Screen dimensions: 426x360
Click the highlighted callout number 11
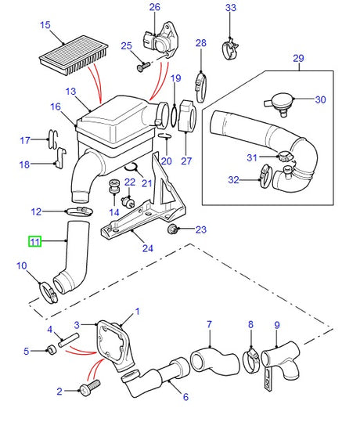[34, 242]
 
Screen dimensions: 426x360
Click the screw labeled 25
[143, 67]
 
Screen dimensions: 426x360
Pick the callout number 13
[71, 92]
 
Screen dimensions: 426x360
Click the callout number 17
[23, 140]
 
